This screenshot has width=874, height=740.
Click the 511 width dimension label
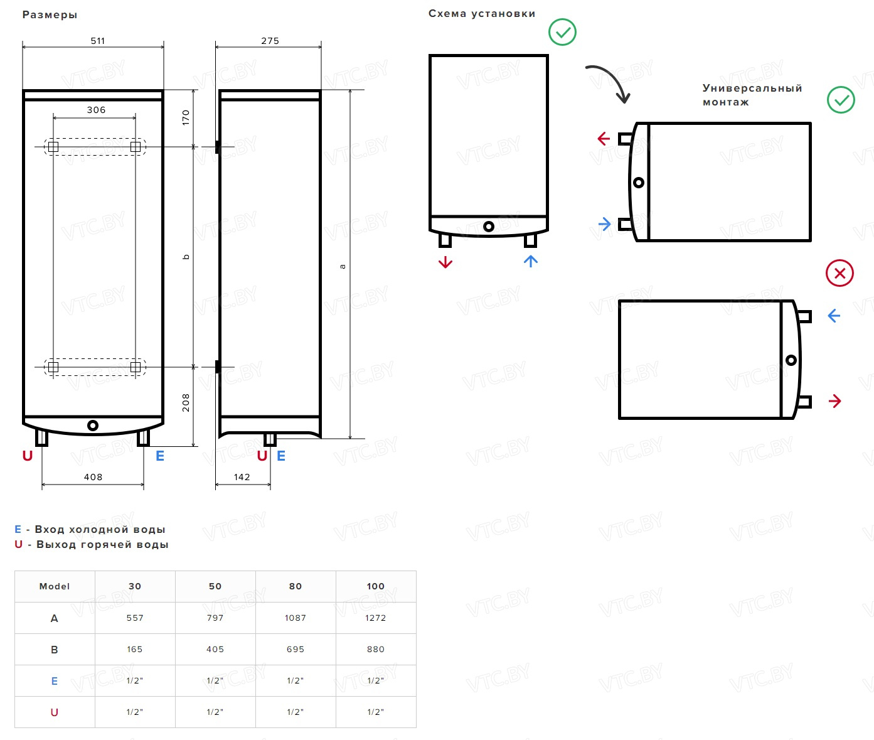[x=98, y=41]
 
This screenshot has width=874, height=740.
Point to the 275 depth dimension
[x=270, y=41]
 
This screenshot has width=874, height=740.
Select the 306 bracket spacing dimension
[x=96, y=110]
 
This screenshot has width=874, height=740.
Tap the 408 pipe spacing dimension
[x=93, y=477]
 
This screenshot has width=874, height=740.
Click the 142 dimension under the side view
[x=242, y=477]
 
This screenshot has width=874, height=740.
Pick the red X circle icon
[x=839, y=273]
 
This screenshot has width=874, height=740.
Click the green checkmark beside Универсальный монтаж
[x=841, y=100]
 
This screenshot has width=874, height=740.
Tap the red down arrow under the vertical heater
[x=445, y=262]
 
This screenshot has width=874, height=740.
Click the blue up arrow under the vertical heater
[x=531, y=261]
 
